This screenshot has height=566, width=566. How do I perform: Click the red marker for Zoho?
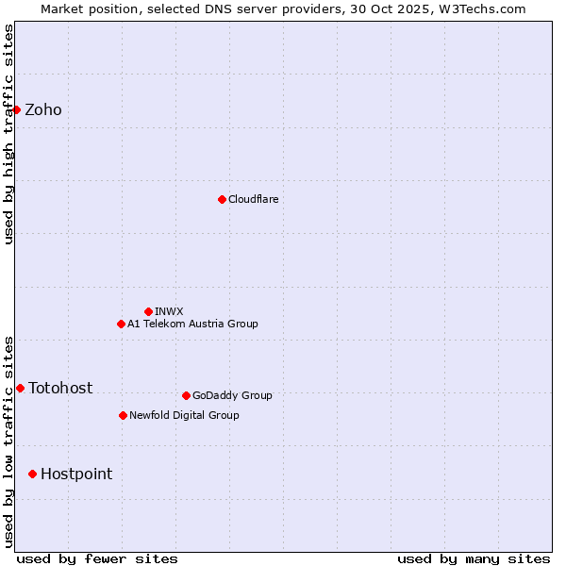coord(16,110)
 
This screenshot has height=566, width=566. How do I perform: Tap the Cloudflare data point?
coord(222,199)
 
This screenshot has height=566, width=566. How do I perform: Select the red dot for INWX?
coord(148,311)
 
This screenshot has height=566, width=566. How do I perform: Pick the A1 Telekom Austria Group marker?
coord(121,324)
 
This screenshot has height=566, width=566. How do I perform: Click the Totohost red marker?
coord(20,388)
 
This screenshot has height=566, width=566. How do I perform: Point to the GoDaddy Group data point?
coord(186,395)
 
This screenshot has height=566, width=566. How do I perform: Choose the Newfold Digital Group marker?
coord(123,415)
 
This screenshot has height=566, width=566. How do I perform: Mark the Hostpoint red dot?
coord(32,474)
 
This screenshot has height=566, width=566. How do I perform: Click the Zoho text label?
coord(43,110)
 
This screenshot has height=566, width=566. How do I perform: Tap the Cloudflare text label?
coord(253,199)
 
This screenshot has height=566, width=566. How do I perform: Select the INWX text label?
coord(169,311)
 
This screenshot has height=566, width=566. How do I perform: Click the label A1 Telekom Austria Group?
coord(192,324)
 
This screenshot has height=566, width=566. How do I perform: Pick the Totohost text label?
coord(60,388)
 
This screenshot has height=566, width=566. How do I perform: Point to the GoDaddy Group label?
coord(232,395)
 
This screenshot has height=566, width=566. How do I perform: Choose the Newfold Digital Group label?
coord(184,415)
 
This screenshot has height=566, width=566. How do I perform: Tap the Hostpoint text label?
coord(76,474)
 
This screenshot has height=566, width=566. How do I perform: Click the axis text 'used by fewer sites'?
coord(97,558)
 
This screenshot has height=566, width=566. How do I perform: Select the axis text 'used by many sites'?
coord(474,558)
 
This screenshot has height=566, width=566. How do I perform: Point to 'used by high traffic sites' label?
coord(8,134)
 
